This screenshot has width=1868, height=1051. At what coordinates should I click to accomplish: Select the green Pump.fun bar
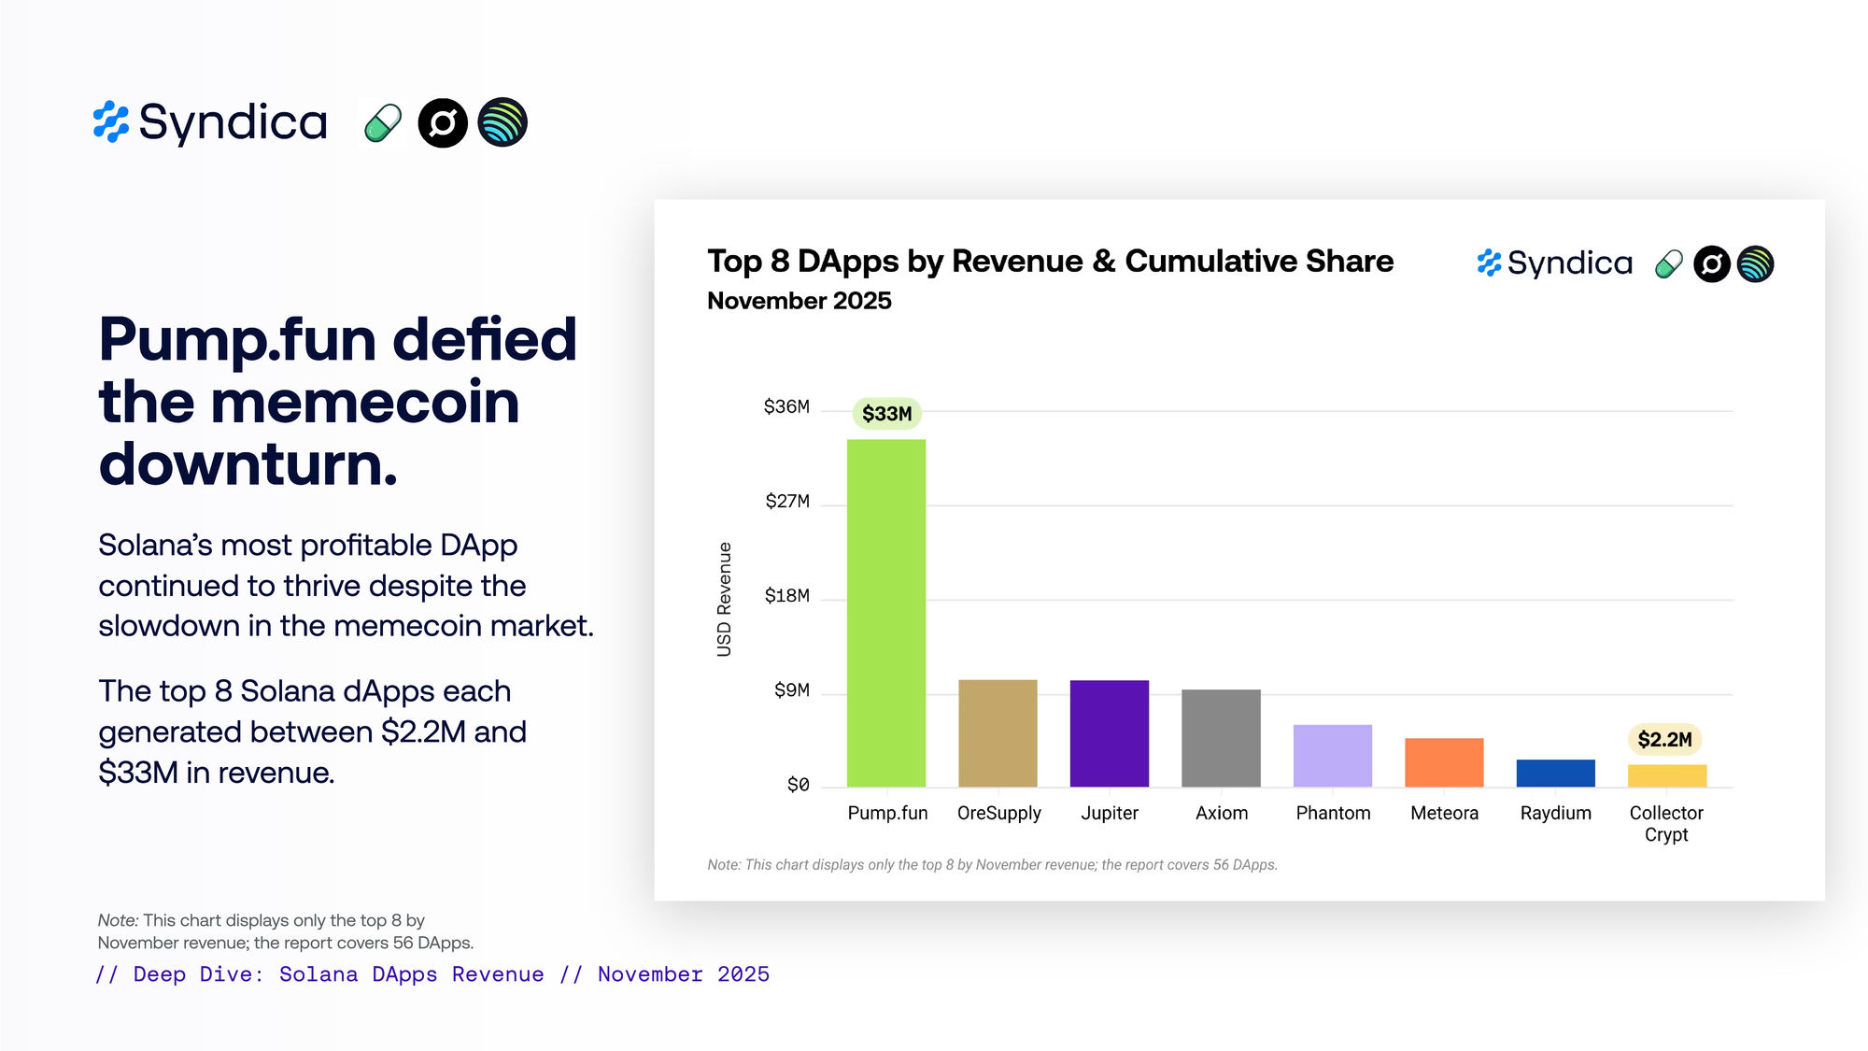click(885, 613)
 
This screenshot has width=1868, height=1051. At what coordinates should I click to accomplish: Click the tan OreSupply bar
click(998, 733)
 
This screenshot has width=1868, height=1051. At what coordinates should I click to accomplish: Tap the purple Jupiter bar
click(1109, 733)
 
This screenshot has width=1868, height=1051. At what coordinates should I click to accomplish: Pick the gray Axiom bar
click(1221, 738)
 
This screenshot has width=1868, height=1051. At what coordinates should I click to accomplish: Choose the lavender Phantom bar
click(1332, 756)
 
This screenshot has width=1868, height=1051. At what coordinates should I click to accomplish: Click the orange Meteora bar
click(1444, 762)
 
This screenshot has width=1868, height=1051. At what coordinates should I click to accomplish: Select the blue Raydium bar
click(1555, 774)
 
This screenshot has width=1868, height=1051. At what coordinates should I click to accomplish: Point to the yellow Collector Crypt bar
click(1666, 776)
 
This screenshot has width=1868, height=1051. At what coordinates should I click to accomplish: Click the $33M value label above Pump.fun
click(886, 414)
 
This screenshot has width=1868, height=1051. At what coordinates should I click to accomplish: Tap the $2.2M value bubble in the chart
click(1664, 740)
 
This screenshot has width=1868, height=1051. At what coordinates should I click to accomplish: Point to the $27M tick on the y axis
click(787, 502)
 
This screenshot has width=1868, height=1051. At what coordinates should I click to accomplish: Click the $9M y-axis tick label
click(791, 690)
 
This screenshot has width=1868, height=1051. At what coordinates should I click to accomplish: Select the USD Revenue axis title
click(724, 599)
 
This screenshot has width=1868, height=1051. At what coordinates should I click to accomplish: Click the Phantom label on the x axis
click(1333, 813)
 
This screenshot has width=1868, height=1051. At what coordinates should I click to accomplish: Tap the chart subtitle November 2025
click(799, 301)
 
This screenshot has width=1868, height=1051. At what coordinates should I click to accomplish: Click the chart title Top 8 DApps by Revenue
click(1050, 262)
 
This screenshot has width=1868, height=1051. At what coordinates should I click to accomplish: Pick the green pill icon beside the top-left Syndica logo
click(382, 123)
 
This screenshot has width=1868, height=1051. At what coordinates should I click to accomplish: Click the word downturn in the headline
click(248, 464)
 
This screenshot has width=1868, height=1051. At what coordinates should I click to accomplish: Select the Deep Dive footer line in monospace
click(432, 974)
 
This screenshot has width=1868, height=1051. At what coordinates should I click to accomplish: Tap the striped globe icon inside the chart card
click(1755, 264)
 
